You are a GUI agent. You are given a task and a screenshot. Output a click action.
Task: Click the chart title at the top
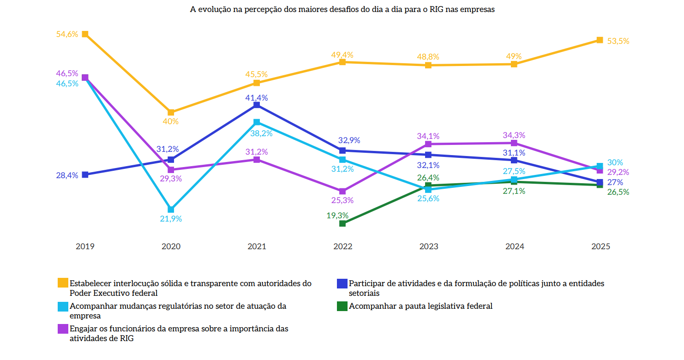(x=342, y=10)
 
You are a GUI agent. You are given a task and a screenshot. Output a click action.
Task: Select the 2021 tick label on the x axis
(x=257, y=246)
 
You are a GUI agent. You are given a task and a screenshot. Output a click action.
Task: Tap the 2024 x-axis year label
(x=515, y=246)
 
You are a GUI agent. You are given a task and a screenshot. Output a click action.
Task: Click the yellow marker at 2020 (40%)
(x=171, y=112)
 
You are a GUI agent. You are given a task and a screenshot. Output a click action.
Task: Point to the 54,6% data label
(x=67, y=34)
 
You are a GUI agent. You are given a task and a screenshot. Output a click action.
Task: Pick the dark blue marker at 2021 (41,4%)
(x=257, y=105)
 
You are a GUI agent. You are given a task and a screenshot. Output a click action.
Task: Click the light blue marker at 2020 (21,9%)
(x=171, y=210)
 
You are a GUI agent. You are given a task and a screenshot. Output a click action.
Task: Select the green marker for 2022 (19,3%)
(x=342, y=223)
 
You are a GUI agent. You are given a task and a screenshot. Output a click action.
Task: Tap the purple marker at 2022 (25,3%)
(x=342, y=191)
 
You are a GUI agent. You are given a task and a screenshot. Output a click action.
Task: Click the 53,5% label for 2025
(x=618, y=41)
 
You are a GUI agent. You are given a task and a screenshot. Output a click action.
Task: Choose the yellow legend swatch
(x=63, y=283)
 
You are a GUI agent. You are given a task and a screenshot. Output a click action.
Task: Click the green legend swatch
(x=342, y=306)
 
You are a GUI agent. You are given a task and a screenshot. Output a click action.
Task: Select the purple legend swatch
(x=63, y=329)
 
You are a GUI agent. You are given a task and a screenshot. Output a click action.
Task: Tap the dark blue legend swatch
(x=342, y=283)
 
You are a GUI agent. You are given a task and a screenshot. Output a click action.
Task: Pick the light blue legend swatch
(x=63, y=306)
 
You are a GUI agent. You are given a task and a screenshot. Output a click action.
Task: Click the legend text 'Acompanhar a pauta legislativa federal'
(x=420, y=306)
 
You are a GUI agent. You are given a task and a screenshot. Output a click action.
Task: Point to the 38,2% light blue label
(x=261, y=133)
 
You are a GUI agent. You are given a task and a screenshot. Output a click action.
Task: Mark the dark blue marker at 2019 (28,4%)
(x=85, y=174)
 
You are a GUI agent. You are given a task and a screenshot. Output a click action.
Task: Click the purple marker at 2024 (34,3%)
(x=514, y=143)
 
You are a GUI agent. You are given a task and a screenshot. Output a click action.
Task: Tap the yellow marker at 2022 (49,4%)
(x=342, y=62)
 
